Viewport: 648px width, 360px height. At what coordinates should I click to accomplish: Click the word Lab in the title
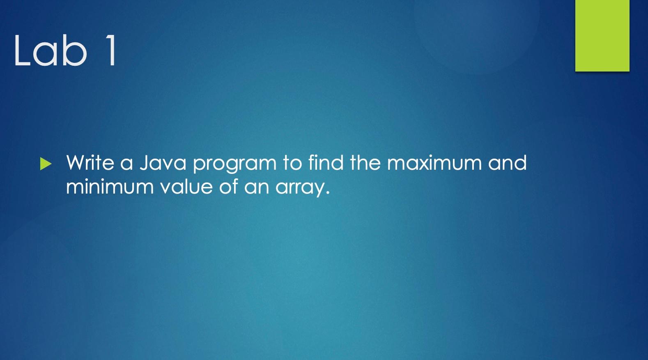click(51, 51)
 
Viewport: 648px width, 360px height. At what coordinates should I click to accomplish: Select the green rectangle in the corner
click(602, 35)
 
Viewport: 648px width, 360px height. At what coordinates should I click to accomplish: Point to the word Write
click(90, 163)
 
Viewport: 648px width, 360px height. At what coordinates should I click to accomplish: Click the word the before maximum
click(365, 163)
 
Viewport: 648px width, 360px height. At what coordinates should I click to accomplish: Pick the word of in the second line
click(228, 187)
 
